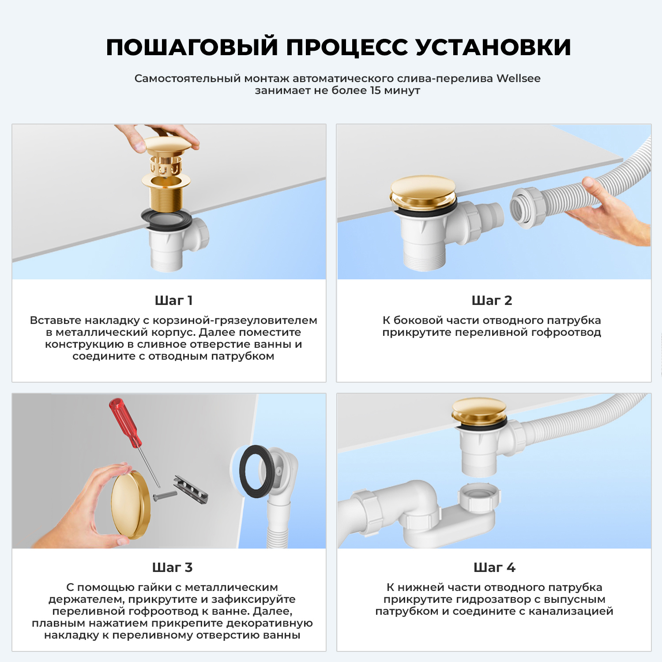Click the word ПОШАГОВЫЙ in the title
(x=192, y=47)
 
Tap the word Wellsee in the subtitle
(x=518, y=79)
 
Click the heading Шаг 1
(x=173, y=301)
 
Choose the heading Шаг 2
(x=492, y=301)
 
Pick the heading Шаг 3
(x=172, y=568)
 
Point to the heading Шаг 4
(x=494, y=568)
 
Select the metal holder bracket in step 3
(x=191, y=489)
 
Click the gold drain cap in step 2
(x=422, y=191)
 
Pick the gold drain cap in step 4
(x=479, y=410)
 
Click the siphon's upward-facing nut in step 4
(x=479, y=496)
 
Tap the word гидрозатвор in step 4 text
(x=493, y=599)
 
